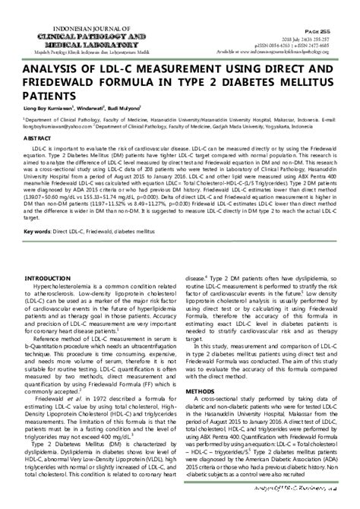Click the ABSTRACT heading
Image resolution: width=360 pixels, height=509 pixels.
coord(37,141)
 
